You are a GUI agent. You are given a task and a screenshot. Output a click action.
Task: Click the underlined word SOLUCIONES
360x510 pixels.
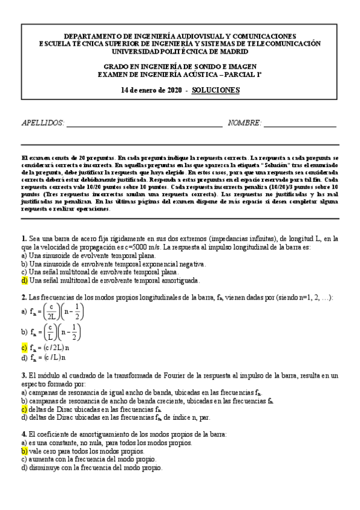pyautogui.click(x=216, y=90)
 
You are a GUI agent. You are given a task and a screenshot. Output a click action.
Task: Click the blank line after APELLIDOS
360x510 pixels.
pyautogui.click(x=144, y=125)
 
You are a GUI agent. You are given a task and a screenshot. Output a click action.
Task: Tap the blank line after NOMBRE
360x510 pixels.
pyautogui.click(x=299, y=125)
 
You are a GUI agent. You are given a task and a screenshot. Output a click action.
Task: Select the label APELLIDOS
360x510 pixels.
pyautogui.click(x=43, y=123)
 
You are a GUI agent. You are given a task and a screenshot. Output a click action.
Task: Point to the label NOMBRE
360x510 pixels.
pyautogui.click(x=245, y=123)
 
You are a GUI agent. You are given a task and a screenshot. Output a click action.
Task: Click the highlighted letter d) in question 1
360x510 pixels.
pyautogui.click(x=24, y=280)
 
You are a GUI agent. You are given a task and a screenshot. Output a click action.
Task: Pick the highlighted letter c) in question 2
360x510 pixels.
pyautogui.click(x=24, y=348)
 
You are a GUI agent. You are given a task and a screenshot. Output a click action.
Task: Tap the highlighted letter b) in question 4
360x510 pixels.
pyautogui.click(x=24, y=450)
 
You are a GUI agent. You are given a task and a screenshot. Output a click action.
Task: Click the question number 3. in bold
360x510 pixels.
pyautogui.click(x=23, y=375)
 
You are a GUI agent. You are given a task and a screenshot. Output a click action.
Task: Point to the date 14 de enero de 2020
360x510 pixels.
pyautogui.click(x=151, y=90)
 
